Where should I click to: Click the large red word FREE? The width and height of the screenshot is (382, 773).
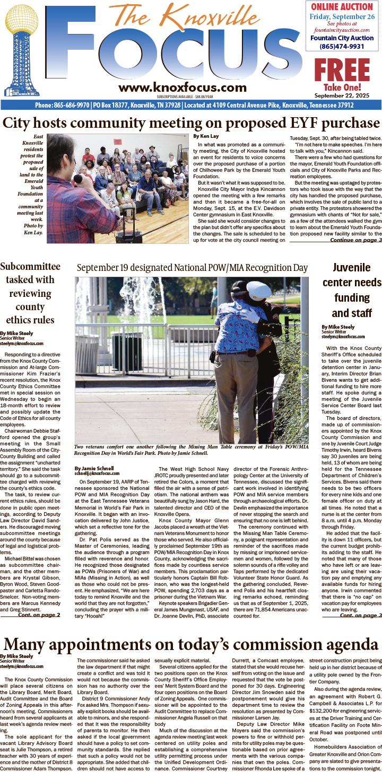coord(341,69)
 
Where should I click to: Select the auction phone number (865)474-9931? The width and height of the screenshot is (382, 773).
coord(342,46)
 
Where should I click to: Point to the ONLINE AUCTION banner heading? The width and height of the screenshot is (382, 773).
coord(342,7)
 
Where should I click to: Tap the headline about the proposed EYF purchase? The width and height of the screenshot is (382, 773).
coord(191,124)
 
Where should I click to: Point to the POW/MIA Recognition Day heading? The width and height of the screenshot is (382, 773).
coord(192,268)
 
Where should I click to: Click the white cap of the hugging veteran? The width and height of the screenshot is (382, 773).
coord(258,290)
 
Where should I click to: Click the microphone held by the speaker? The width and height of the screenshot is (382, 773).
coord(78,179)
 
